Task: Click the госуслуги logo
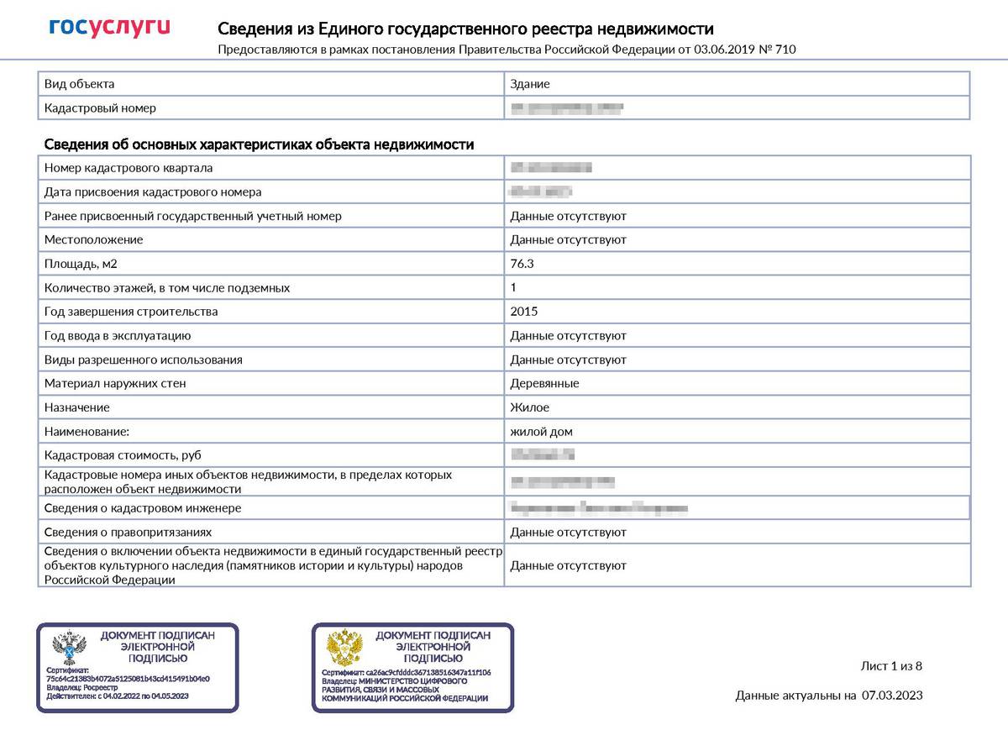coord(109,28)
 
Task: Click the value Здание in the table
coord(530,84)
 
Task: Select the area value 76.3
coord(522,264)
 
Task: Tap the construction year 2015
coord(524,312)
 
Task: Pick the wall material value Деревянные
coord(544,384)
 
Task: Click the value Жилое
coord(529,407)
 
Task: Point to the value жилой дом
coord(541,432)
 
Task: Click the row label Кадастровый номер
coord(100,108)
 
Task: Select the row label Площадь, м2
coord(81,264)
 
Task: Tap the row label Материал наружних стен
coord(115,384)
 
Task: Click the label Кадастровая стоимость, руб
coord(111,455)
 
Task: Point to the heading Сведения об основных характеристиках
coord(259,144)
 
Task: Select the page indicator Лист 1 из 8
coord(891,666)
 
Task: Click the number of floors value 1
coord(513,287)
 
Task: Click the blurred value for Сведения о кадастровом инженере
coord(599,508)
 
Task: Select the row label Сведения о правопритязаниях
coord(128,533)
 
